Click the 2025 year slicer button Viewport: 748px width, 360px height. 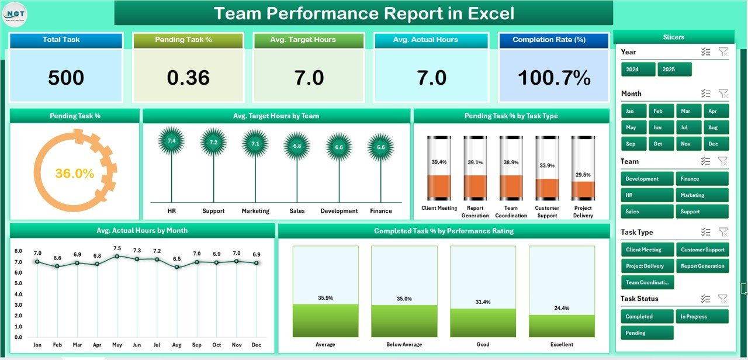(x=674, y=69)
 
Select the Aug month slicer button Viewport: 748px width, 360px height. (x=712, y=127)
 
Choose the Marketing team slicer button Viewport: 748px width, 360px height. (x=702, y=195)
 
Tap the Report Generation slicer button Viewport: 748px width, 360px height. (x=702, y=266)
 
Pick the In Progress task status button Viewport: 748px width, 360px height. (x=702, y=317)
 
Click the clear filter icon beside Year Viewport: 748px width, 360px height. (x=723, y=52)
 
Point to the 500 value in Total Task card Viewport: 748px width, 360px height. (x=66, y=78)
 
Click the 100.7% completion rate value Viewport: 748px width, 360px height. (x=553, y=78)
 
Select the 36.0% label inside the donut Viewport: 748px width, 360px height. (x=75, y=173)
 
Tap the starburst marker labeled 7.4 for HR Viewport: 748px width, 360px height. (x=171, y=141)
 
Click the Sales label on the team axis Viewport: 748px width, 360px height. (x=297, y=211)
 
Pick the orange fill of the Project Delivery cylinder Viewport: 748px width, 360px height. (x=583, y=191)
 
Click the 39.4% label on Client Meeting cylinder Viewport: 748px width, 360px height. (x=439, y=162)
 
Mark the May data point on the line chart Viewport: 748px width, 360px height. (x=117, y=256)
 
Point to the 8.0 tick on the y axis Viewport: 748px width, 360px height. (x=18, y=251)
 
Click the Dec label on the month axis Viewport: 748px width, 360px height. (x=256, y=345)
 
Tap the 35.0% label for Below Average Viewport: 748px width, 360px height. (x=404, y=298)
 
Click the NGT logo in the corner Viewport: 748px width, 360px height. (x=15, y=15)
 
